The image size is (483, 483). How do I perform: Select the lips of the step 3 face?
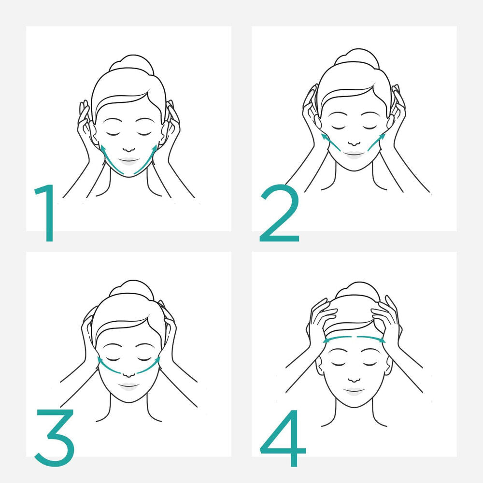coord(128,385)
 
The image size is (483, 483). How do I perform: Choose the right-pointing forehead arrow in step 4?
coord(371,339)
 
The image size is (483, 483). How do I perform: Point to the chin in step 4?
coord(354,405)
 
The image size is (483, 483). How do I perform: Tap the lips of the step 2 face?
coord(355,154)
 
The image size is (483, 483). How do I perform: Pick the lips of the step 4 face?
coord(354,389)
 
